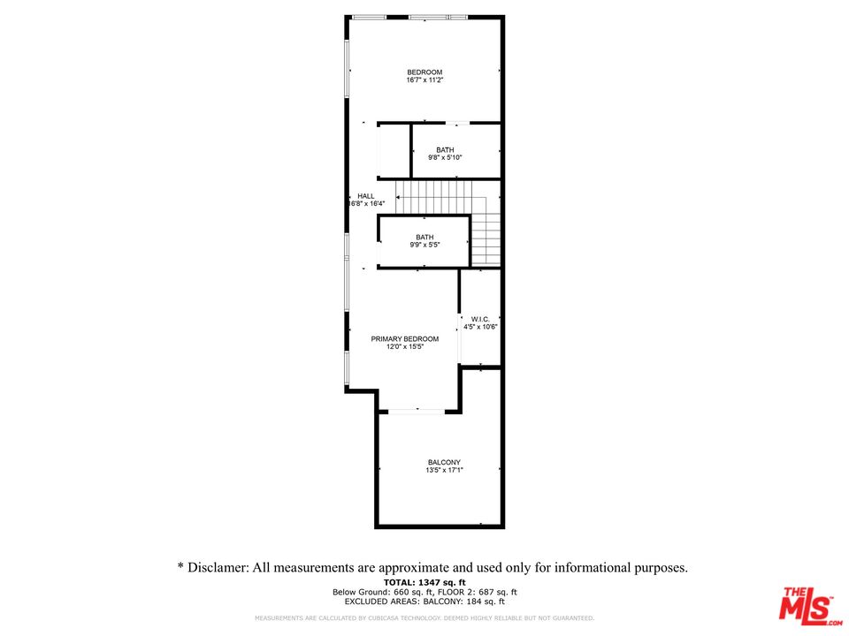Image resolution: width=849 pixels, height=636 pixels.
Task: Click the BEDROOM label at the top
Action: click(424, 72)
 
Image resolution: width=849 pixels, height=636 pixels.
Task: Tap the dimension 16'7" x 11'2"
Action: click(424, 80)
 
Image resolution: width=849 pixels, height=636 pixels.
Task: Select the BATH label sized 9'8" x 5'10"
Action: click(445, 150)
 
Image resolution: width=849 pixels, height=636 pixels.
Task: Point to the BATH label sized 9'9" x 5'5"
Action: click(425, 237)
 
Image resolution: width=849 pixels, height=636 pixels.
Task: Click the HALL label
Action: click(365, 196)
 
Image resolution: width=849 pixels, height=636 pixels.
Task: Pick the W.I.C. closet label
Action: click(480, 319)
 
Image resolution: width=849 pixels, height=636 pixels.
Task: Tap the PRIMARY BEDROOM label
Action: click(405, 339)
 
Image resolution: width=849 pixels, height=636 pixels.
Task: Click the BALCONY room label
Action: click(444, 463)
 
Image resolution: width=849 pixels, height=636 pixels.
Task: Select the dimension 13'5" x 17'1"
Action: click(444, 471)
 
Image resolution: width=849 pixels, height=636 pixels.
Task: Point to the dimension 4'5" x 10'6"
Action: click(481, 327)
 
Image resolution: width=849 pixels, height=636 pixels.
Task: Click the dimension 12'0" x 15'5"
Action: click(405, 347)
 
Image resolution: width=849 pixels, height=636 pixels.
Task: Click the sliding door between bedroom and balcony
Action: click(417, 410)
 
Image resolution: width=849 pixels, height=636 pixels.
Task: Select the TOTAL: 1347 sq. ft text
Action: click(424, 582)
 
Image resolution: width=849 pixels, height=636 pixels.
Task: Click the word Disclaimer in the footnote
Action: click(217, 568)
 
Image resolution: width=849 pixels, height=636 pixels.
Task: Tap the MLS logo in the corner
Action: click(806, 604)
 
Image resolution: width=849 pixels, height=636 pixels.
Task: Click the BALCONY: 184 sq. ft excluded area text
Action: click(467, 602)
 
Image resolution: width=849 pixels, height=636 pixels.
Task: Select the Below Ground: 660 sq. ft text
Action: click(380, 592)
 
